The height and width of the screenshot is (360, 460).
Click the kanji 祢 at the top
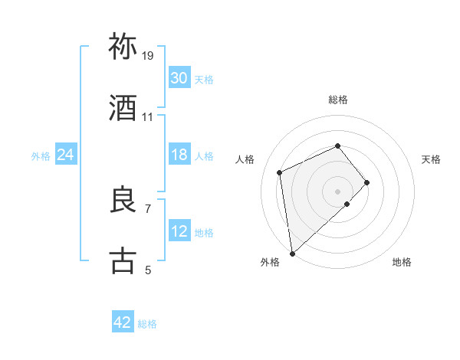click(x=123, y=47)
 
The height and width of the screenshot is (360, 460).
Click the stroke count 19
click(x=148, y=56)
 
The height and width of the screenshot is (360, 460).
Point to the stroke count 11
click(x=148, y=117)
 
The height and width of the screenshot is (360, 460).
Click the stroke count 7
click(x=148, y=208)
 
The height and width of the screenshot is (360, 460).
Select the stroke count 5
click(x=148, y=270)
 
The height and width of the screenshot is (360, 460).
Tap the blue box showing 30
click(x=179, y=78)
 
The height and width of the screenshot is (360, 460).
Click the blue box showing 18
click(x=179, y=155)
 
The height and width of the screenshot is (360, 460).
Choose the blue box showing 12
click(x=179, y=231)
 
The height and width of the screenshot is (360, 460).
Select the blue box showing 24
click(x=66, y=155)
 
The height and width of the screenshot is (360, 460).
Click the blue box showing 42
click(x=123, y=322)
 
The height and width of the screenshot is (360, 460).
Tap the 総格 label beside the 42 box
click(x=147, y=324)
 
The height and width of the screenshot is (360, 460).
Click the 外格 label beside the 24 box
click(x=41, y=156)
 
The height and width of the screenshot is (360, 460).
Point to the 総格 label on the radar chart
click(x=338, y=100)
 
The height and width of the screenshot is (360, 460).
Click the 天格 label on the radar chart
click(x=432, y=159)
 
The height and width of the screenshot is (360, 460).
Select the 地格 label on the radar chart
click(x=402, y=263)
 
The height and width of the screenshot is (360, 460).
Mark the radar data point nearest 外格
click(x=292, y=253)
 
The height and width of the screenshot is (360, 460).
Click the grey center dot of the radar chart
click(x=338, y=190)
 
